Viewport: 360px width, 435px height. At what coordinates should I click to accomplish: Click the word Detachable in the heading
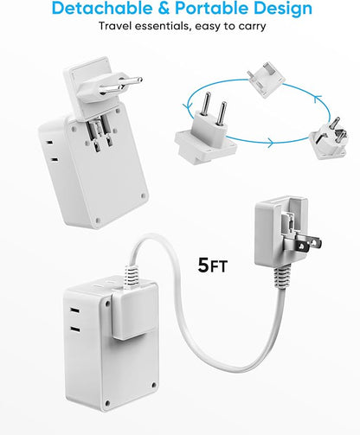tap(102, 10)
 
